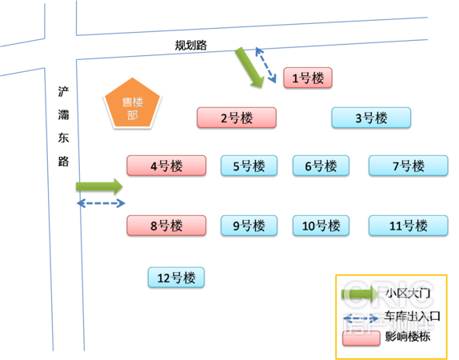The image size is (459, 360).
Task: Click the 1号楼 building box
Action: (308, 78)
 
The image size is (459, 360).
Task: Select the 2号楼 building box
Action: (237, 118)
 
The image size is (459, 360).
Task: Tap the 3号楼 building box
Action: (371, 118)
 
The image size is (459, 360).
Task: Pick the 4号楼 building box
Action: (166, 166)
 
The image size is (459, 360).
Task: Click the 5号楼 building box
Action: (249, 166)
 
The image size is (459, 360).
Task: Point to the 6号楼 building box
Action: (321, 166)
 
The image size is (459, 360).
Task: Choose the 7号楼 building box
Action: (409, 166)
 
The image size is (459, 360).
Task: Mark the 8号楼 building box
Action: (166, 226)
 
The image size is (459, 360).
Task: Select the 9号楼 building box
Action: (249, 226)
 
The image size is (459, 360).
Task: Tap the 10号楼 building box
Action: (321, 226)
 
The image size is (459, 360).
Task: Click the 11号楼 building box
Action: (409, 226)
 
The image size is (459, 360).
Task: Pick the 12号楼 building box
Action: (176, 278)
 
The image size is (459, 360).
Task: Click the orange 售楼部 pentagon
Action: (132, 105)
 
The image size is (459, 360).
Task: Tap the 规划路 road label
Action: (191, 46)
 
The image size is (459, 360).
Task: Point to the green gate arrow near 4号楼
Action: (99, 186)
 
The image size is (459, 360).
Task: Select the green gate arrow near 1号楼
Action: (249, 67)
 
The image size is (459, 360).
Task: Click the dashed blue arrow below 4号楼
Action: (101, 203)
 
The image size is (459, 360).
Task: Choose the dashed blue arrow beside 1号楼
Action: (265, 65)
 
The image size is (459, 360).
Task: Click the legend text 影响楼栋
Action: (408, 337)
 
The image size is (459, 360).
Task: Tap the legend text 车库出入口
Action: (413, 316)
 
